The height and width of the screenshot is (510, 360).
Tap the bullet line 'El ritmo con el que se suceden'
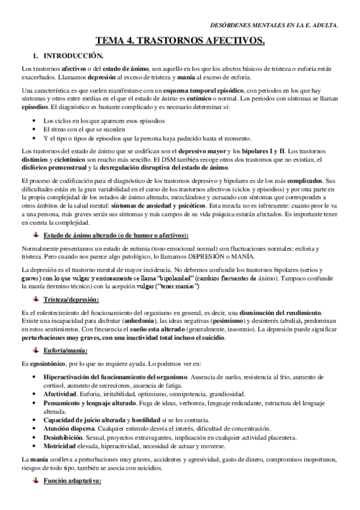pyautogui.click(x=84, y=129)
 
